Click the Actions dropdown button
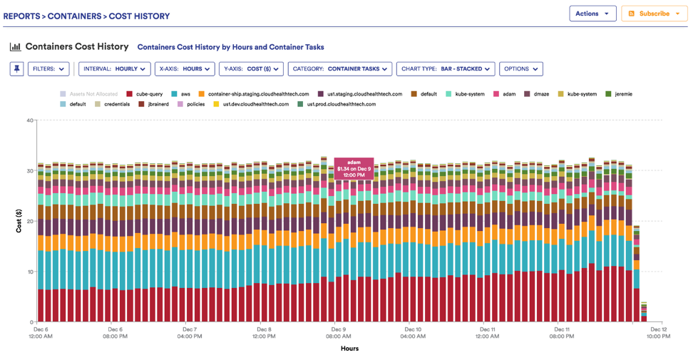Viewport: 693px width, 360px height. click(592, 14)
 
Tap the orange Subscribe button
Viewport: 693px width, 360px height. click(654, 14)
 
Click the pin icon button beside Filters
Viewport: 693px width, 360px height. click(16, 69)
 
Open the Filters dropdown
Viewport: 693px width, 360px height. click(48, 69)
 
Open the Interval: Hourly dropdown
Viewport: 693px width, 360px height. click(114, 69)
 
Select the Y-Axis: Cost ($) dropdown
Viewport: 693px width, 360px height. click(250, 69)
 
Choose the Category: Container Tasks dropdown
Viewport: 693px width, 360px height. click(339, 69)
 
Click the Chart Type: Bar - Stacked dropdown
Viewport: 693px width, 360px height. click(446, 69)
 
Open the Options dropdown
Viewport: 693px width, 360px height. click(520, 69)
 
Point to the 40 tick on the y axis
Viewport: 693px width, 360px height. click(29, 120)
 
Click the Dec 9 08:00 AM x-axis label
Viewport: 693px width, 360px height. click(339, 333)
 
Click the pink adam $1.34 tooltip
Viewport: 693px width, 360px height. click(354, 168)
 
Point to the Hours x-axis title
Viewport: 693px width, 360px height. click(349, 349)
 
